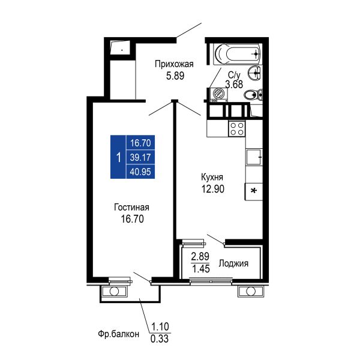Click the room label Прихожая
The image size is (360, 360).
click(174, 64)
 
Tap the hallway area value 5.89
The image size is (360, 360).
click(175, 76)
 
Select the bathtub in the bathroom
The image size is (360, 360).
click(238, 54)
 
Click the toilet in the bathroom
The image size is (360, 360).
click(253, 94)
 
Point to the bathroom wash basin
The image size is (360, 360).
click(254, 73)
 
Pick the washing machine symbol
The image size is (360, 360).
click(218, 94)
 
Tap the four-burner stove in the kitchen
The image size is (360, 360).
click(237, 129)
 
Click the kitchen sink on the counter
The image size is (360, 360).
click(254, 157)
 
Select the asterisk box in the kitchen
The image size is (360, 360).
click(254, 191)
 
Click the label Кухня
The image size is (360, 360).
click(212, 177)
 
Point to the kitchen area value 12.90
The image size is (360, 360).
click(213, 189)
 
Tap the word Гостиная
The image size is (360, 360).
click(131, 208)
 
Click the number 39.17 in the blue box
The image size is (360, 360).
click(140, 157)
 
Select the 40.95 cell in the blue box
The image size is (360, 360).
click(140, 172)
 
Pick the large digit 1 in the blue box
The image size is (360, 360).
click(118, 158)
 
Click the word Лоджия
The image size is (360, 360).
click(233, 263)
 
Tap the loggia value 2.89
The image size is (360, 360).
click(200, 256)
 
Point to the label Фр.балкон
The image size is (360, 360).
click(118, 334)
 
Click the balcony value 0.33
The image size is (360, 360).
click(160, 338)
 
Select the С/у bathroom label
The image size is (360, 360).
click(234, 75)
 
